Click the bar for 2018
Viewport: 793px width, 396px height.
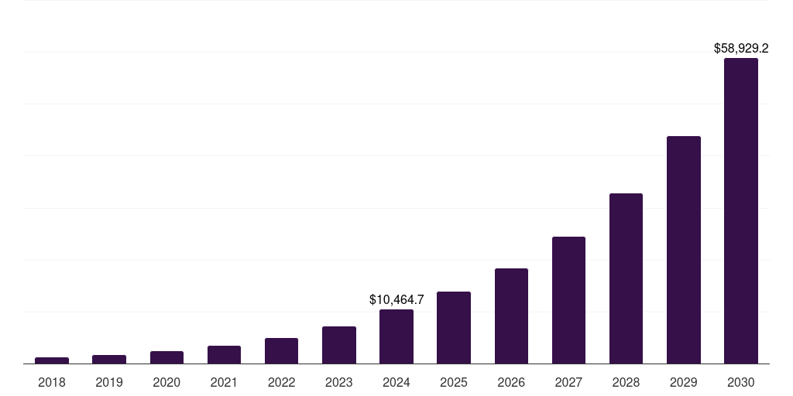pos(52,360)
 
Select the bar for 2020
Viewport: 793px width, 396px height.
pos(166,357)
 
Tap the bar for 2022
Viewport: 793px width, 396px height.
pos(281,350)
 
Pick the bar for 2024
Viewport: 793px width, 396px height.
pos(396,336)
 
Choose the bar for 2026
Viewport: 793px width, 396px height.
pos(511,316)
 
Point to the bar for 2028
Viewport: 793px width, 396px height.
pos(626,278)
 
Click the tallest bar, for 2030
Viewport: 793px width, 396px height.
pos(741,210)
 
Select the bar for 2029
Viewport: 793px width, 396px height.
pos(684,250)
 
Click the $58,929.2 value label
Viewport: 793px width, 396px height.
pos(741,48)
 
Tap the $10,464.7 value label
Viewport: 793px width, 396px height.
pos(396,299)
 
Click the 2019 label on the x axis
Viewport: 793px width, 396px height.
pos(109,382)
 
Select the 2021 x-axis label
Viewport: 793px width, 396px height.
pos(224,382)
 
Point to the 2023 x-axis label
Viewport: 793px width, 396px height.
pos(339,382)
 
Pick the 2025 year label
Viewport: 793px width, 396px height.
pos(454,382)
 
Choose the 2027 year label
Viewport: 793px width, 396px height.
pos(568,382)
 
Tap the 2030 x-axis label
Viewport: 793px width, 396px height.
pos(741,382)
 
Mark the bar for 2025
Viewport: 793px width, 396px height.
pos(454,327)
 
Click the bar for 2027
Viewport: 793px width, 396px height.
pos(568,300)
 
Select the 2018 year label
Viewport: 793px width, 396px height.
pos(52,382)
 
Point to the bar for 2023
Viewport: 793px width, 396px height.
pos(339,345)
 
